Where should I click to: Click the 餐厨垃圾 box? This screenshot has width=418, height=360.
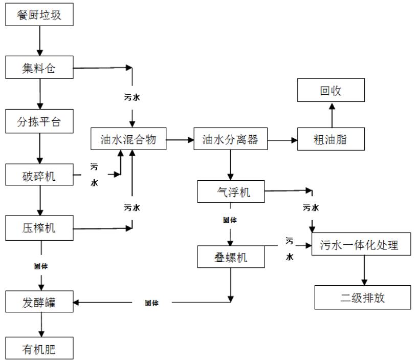(39, 15)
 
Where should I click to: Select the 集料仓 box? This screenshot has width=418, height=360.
(39, 68)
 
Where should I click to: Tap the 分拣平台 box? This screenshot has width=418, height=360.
(39, 122)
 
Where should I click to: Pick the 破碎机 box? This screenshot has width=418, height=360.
(39, 176)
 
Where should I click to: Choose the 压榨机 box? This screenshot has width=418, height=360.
(39, 228)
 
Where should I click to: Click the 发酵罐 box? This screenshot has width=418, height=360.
(39, 303)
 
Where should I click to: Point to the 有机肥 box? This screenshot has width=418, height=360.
(39, 349)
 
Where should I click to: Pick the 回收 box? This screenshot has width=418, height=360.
(331, 91)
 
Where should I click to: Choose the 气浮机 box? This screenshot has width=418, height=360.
(231, 192)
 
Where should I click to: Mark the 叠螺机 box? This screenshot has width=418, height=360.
(231, 257)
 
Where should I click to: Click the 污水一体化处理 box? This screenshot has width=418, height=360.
(362, 245)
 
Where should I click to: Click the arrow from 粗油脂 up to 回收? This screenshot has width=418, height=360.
(331, 115)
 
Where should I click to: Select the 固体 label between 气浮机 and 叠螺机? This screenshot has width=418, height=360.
(230, 220)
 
